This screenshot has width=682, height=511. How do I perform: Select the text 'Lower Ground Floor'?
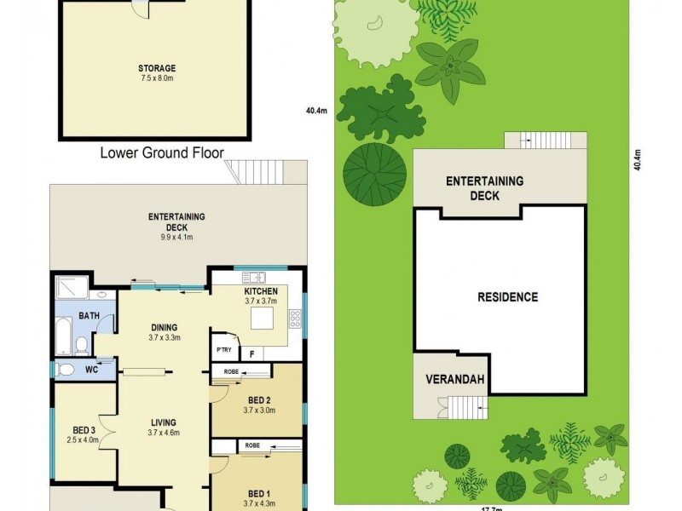pyautogui.click(x=162, y=153)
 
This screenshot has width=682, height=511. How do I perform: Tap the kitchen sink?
pyautogui.click(x=253, y=278)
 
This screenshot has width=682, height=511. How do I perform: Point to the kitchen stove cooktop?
pyautogui.click(x=295, y=319)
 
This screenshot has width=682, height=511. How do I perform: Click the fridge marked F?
pyautogui.click(x=252, y=352)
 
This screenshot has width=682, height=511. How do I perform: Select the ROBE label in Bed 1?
pyautogui.click(x=252, y=445)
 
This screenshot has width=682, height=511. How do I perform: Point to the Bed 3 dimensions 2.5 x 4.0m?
pyautogui.click(x=84, y=440)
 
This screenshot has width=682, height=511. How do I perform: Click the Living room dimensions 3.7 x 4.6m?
pyautogui.click(x=163, y=433)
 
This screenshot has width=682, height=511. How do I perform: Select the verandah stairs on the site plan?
pyautogui.click(x=474, y=407)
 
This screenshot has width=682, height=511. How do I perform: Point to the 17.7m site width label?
pyautogui.click(x=490, y=508)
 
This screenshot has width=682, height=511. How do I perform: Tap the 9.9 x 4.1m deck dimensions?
pyautogui.click(x=176, y=238)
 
